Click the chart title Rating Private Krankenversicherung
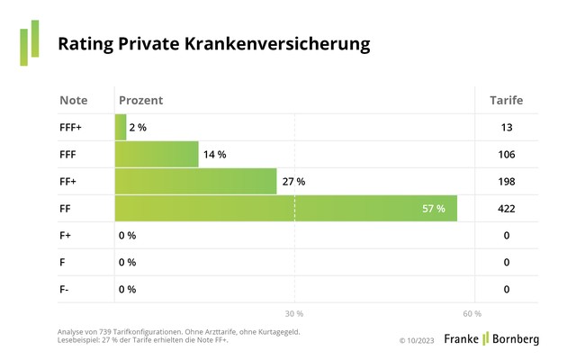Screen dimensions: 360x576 coord(213,43)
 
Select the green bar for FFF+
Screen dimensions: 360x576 coord(121,128)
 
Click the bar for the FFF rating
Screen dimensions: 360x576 coord(157,155)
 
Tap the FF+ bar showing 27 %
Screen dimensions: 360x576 coord(195,182)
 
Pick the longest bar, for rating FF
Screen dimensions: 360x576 coord(285,209)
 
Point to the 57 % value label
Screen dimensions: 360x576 coord(434,209)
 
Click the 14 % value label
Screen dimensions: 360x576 coord(214,155)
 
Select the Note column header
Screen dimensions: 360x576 coord(74,100)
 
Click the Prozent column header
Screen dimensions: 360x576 coord(140,100)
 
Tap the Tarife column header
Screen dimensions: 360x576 coord(506,100)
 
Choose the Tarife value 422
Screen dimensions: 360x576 coord(506,209)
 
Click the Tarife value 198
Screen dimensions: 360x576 coord(506,182)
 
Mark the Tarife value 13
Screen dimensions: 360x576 coord(507,128)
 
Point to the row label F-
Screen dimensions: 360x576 coord(65,290)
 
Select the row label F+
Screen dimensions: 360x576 coord(66,236)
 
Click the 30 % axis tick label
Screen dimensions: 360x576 coord(293,313)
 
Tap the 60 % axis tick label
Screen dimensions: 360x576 coord(472,313)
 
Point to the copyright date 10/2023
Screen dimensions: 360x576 coord(421,340)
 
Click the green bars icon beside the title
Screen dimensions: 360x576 coord(30,42)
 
